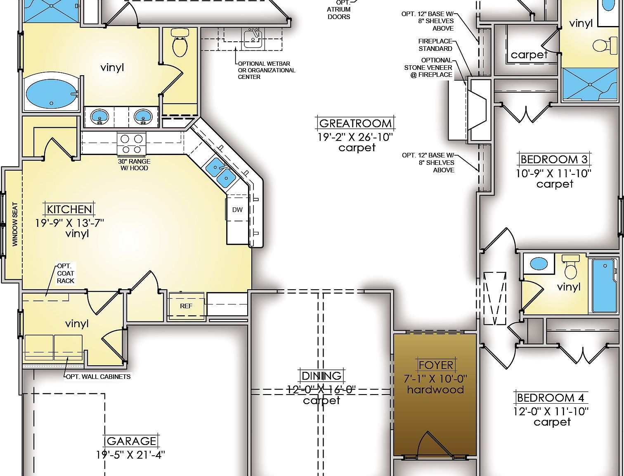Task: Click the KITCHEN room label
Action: tap(69, 209)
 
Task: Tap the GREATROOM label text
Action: tap(355, 123)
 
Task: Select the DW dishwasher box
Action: tap(237, 209)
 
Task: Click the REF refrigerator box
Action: tap(186, 306)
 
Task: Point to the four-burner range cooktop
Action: tap(132, 143)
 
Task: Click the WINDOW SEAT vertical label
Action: tap(15, 224)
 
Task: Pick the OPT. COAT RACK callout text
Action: tap(66, 274)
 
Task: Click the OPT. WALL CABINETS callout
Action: tap(98, 376)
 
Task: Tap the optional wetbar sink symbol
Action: tap(252, 37)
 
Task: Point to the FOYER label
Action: tap(436, 365)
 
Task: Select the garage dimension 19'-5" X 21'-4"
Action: tap(130, 455)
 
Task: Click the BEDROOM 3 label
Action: tap(554, 159)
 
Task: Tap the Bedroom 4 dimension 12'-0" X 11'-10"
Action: tap(551, 412)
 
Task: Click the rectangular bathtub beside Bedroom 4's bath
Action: tap(605, 285)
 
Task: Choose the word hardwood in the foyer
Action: tap(435, 390)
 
